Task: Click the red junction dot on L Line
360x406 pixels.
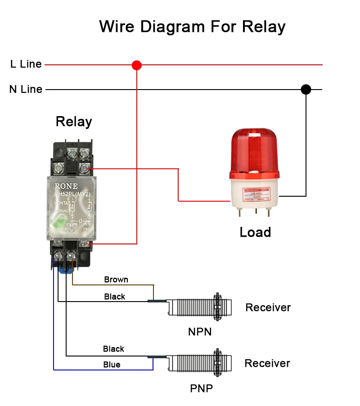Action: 137,65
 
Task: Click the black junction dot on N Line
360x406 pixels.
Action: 306,89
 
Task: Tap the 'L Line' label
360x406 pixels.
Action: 26,64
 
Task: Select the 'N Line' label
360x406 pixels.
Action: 26,89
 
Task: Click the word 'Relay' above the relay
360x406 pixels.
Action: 74,122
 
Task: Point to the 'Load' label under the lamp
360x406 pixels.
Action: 255,232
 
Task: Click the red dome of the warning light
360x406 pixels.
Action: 255,151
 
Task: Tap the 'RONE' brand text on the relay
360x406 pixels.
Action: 66,186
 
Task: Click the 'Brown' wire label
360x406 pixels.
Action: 116,280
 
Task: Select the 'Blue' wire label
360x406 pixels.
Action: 112,365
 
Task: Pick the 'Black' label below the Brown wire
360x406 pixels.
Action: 115,297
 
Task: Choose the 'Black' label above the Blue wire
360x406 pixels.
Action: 113,349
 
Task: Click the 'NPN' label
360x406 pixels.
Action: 200,332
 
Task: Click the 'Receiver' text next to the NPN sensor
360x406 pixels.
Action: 268,307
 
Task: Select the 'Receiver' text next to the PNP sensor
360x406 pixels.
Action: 267,363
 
